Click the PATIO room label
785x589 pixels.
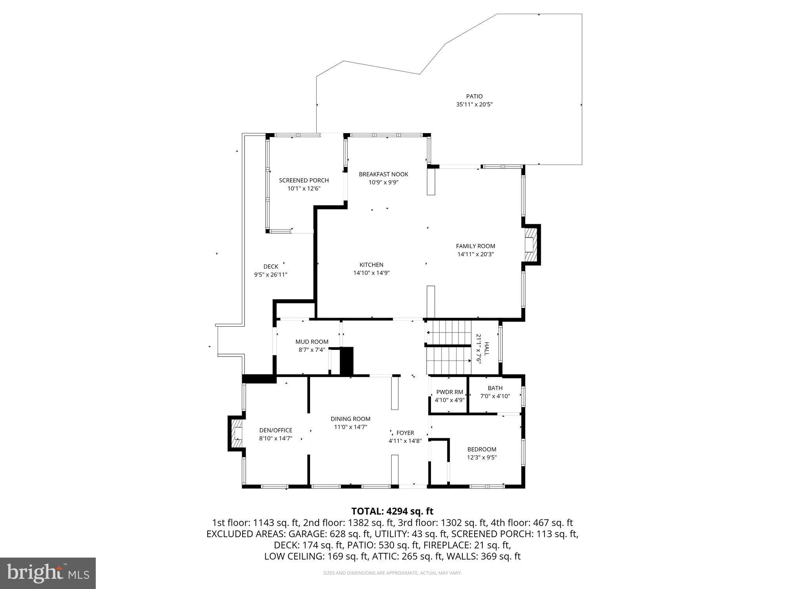(474, 96)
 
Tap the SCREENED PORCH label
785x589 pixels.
(304, 180)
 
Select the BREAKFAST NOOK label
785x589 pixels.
(383, 174)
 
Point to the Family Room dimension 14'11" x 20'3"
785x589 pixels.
(475, 254)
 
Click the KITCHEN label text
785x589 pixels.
(371, 265)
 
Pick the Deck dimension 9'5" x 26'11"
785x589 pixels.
(270, 274)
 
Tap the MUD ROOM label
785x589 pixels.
(312, 342)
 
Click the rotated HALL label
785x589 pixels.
(487, 349)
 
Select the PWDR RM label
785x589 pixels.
(449, 392)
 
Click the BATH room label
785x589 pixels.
(495, 388)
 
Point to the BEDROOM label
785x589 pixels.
(482, 449)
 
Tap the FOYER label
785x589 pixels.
(405, 433)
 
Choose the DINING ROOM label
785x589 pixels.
(350, 419)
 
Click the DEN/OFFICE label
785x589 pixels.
(276, 430)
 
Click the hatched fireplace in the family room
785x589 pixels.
(530, 245)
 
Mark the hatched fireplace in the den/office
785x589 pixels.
(236, 433)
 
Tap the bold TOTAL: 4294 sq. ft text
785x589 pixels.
(392, 511)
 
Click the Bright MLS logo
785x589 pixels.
(48, 573)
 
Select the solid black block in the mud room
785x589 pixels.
(347, 360)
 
